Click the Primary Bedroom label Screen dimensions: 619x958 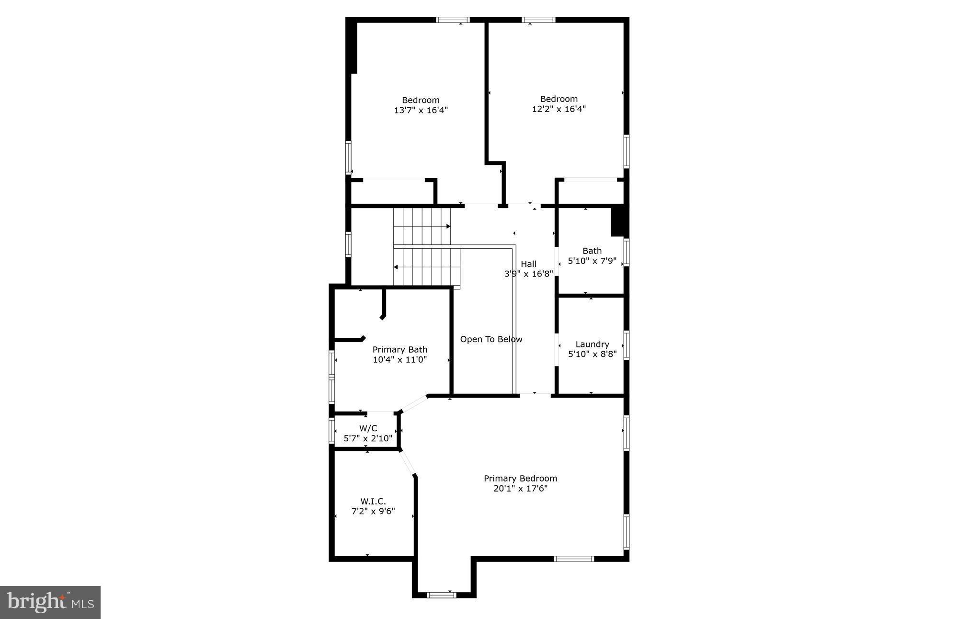point(520,478)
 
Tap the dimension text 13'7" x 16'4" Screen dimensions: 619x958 point(421,110)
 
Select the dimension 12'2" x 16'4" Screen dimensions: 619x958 point(559,109)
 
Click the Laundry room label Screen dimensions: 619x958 point(592,344)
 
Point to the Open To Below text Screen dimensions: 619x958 point(491,339)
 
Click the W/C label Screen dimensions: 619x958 point(368,428)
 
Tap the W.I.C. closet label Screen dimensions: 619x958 point(373,501)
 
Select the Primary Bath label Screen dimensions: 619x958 point(399,350)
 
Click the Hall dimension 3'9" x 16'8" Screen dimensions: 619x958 point(528,274)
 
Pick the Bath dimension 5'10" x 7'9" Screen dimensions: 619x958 point(592,261)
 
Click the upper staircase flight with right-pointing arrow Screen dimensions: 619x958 point(422,226)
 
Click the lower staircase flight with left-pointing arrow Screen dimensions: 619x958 point(426,266)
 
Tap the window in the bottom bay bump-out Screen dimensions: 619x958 point(441,595)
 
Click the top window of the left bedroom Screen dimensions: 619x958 point(453,20)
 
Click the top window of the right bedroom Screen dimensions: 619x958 point(538,20)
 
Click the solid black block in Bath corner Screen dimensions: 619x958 point(618,220)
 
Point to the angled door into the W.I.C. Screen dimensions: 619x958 point(407,463)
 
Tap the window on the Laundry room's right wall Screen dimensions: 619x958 point(626,345)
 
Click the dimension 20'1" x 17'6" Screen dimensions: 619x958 point(520,489)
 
